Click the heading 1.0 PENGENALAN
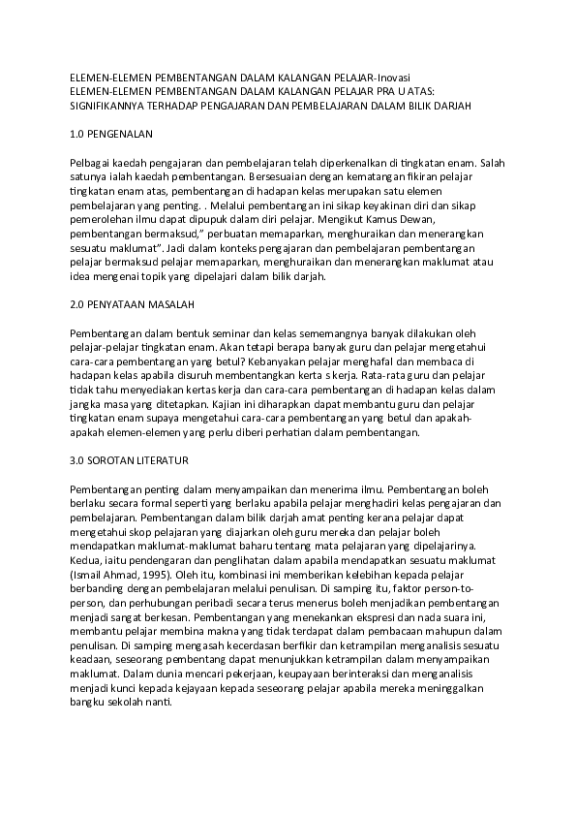113,133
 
